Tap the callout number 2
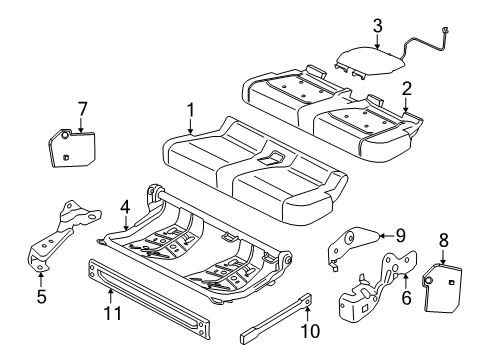point(406,88)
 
